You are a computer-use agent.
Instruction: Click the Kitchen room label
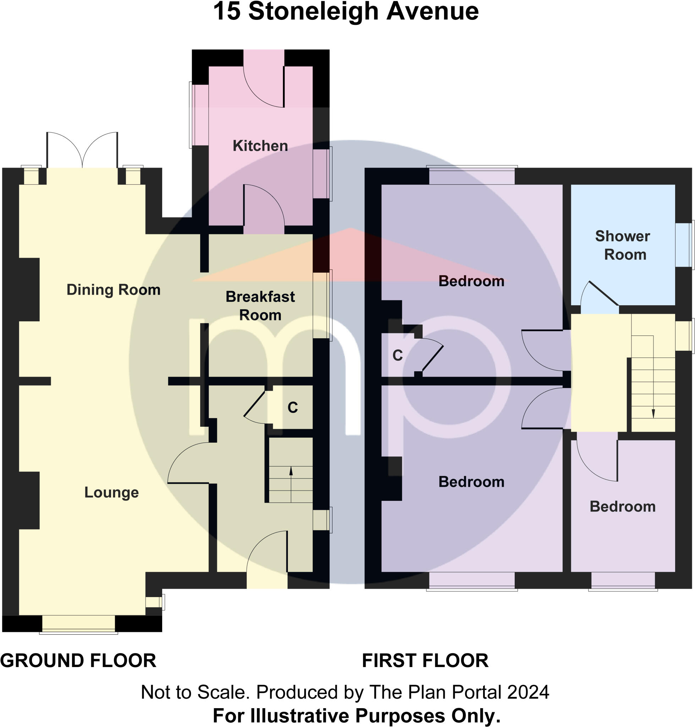point(260,146)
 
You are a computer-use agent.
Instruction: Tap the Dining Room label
point(113,290)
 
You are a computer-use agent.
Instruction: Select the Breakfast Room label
point(260,306)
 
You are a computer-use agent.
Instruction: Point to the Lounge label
point(111,492)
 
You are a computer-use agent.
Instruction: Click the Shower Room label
point(622,245)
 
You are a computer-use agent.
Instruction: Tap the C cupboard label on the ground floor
point(293,408)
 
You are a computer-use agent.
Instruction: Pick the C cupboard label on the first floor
point(398,355)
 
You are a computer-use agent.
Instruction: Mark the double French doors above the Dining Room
point(82,150)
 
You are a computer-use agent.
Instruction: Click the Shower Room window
point(684,245)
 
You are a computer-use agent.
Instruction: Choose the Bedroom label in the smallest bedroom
point(622,507)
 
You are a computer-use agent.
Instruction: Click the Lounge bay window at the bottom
point(78,624)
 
